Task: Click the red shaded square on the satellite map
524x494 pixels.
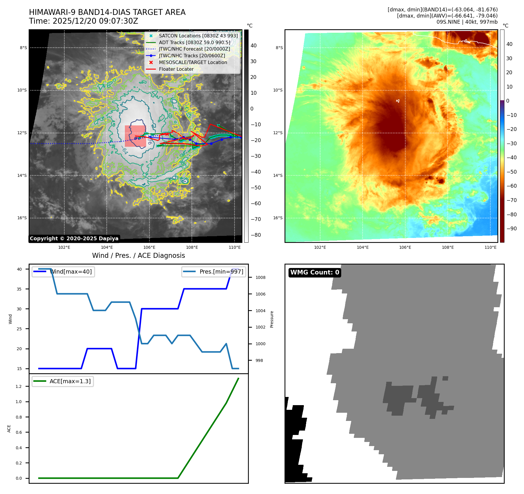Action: pyautogui.click(x=135, y=136)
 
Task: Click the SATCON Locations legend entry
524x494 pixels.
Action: pyautogui.click(x=198, y=36)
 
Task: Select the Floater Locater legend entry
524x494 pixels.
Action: pyautogui.click(x=176, y=69)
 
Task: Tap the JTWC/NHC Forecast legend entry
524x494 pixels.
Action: pyautogui.click(x=194, y=49)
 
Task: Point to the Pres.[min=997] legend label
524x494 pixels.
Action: pyautogui.click(x=221, y=272)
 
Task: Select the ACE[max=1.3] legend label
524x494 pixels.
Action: pyautogui.click(x=70, y=381)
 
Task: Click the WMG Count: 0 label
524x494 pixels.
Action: pyautogui.click(x=315, y=272)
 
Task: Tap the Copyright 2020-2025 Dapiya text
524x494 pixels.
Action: pyautogui.click(x=74, y=239)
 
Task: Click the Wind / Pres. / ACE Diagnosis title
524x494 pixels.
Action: pyautogui.click(x=138, y=255)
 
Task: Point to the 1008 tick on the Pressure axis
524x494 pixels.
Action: pyautogui.click(x=260, y=277)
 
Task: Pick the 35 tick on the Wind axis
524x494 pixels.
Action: pyautogui.click(x=19, y=289)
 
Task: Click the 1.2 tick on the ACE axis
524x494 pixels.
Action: pyautogui.click(x=19, y=386)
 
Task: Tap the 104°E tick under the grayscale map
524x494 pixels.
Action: pyautogui.click(x=107, y=247)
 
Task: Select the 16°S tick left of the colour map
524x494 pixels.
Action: pyautogui.click(x=278, y=218)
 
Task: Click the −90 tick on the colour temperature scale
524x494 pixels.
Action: pyautogui.click(x=511, y=229)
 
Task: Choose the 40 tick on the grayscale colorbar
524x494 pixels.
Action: pyautogui.click(x=253, y=46)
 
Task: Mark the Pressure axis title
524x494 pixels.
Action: pyautogui.click(x=272, y=319)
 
